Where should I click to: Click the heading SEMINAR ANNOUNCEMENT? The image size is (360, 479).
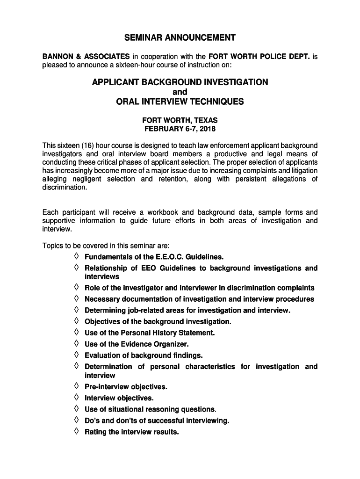pos(180,37)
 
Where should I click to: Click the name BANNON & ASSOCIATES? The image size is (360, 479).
pos(86,57)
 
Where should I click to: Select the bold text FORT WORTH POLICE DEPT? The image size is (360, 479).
pos(259,57)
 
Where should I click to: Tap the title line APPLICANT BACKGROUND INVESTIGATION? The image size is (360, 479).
pos(180,82)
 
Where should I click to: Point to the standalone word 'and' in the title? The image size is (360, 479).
pos(180,92)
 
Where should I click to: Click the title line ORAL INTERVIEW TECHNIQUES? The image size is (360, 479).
pos(180,102)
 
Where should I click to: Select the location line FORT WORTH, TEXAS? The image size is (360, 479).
pos(180,120)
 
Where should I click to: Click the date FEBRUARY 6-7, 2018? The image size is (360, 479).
pos(180,129)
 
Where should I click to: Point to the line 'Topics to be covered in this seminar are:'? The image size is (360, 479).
pos(106,246)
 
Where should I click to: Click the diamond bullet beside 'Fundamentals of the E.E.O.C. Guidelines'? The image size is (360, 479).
pos(76,257)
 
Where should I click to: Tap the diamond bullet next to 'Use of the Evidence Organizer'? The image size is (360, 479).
pos(76,344)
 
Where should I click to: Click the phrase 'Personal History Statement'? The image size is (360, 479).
pos(162,333)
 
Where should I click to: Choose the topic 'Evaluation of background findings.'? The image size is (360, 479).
pos(144,356)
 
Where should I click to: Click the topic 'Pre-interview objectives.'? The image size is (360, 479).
pos(126,387)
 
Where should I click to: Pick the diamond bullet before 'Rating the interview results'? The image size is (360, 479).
pos(76,431)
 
